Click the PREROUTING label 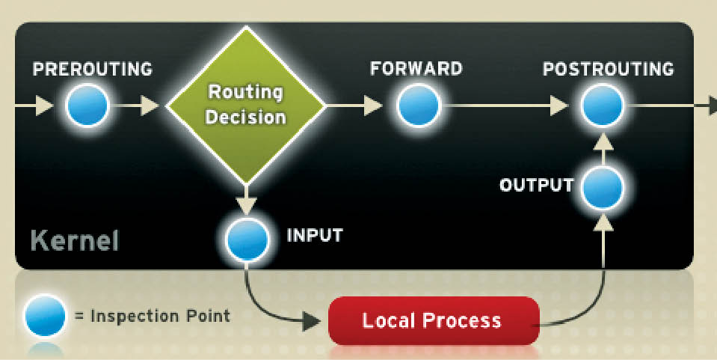93,70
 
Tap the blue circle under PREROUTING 87,106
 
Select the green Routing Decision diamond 245,106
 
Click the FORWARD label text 416,69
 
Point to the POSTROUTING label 608,70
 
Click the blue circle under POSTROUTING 603,106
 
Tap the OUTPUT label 536,185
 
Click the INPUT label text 315,235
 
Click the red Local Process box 433,321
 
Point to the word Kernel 74,242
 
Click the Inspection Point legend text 153,316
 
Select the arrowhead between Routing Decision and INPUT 246,204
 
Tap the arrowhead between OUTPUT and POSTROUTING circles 603,142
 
